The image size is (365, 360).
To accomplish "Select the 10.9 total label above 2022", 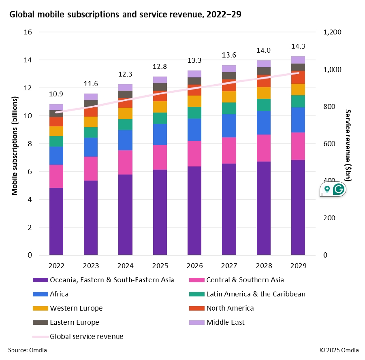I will tap(56, 94).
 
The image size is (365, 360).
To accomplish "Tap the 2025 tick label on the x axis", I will tap(160, 266).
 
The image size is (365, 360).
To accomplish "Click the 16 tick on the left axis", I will tap(28, 32).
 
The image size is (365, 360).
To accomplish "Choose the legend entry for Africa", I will tap(59, 294).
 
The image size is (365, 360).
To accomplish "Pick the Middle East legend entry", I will tap(225, 322).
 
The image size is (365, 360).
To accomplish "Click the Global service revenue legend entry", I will tap(86, 337).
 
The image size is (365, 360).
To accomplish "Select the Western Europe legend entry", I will tap(76, 308).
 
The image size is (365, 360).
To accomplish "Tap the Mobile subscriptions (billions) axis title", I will tap(15, 146).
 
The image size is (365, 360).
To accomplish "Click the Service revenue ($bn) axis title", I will tap(348, 146).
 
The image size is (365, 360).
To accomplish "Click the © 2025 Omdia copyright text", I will tap(339, 350).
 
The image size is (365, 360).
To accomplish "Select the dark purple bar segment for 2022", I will tap(56, 222).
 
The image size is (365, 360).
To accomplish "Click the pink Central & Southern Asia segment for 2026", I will tap(194, 153).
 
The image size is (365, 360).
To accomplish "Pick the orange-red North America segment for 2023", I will tap(91, 112).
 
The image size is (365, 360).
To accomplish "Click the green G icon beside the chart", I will tap(338, 189).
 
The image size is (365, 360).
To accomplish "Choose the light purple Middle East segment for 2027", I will tap(229, 68).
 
